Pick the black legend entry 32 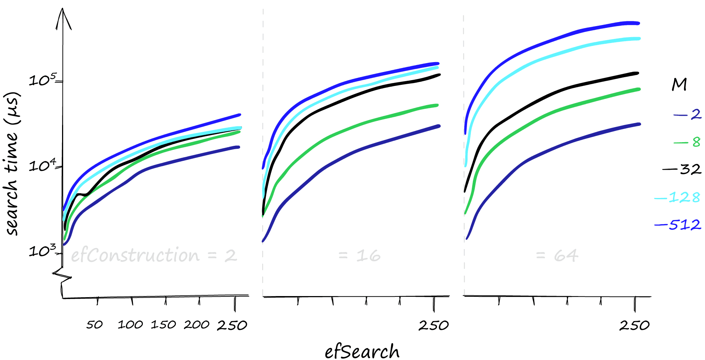pyautogui.click(x=682, y=169)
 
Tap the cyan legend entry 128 pyautogui.click(x=677, y=198)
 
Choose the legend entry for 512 pyautogui.click(x=678, y=224)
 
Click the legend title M pyautogui.click(x=679, y=84)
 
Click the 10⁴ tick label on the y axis pyautogui.click(x=43, y=165)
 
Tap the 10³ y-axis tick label pyautogui.click(x=43, y=251)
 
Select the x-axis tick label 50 pyautogui.click(x=94, y=325)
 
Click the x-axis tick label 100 pyautogui.click(x=130, y=325)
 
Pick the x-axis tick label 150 pyautogui.click(x=163, y=325)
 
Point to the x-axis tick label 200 pyautogui.click(x=197, y=325)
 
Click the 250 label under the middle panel pyautogui.click(x=434, y=325)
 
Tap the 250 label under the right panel pyautogui.click(x=634, y=325)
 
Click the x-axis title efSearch pyautogui.click(x=362, y=351)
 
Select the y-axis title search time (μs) pyautogui.click(x=12, y=163)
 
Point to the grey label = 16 pyautogui.click(x=359, y=255)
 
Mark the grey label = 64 pyautogui.click(x=557, y=255)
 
